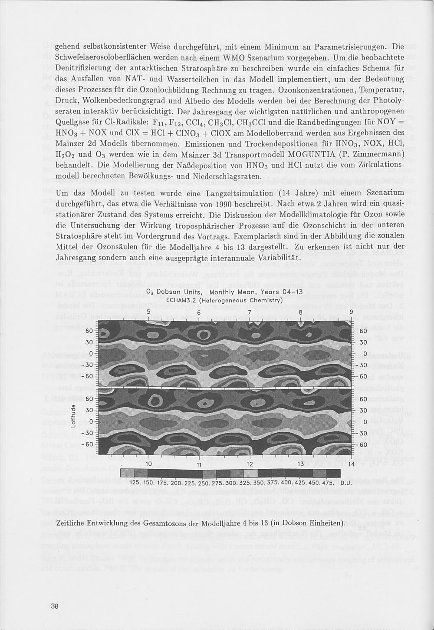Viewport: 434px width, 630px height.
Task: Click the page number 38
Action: (55, 607)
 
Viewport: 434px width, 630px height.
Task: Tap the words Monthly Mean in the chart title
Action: (236, 292)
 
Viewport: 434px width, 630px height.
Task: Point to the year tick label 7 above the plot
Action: (250, 313)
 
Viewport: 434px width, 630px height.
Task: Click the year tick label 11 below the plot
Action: (199, 464)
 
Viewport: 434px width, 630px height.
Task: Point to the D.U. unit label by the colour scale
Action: (346, 483)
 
